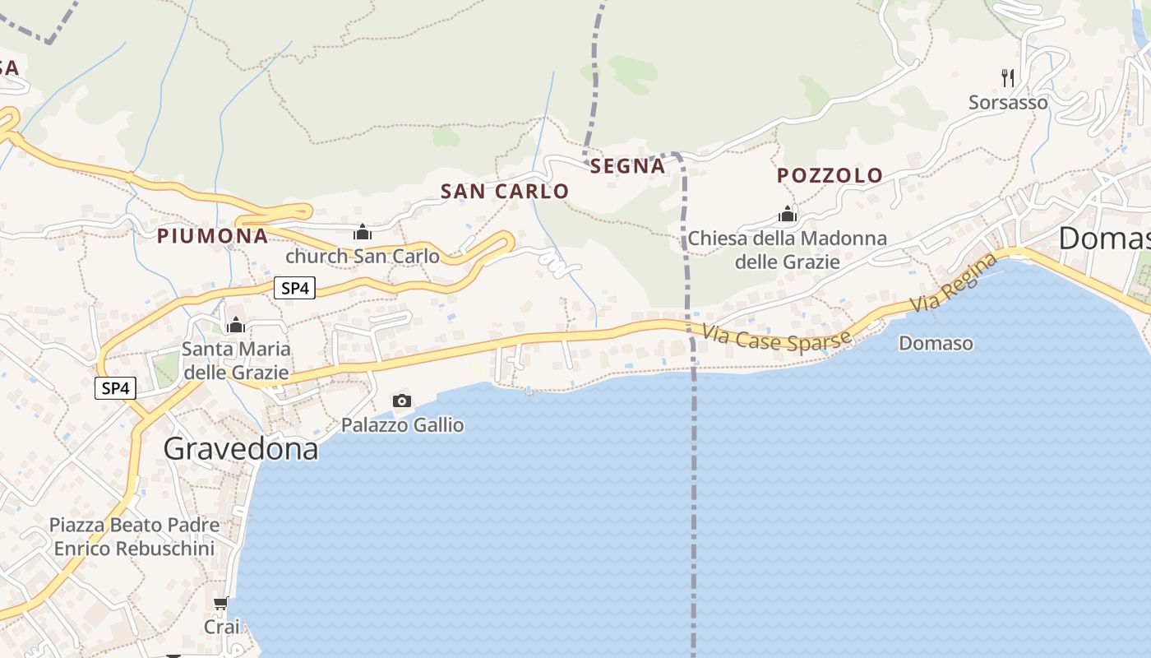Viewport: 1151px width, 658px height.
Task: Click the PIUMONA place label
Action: [x=212, y=236]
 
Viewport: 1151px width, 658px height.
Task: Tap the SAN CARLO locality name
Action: [x=505, y=192]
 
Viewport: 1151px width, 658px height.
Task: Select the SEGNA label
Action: [x=627, y=166]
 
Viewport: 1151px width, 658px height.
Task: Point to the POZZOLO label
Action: [x=830, y=175]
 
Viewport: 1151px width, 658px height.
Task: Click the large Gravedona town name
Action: [x=240, y=448]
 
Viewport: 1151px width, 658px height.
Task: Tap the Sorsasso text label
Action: [x=1008, y=103]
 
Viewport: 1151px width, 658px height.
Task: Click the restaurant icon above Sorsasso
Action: [x=1008, y=78]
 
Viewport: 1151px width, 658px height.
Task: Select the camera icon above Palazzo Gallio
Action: [x=402, y=401]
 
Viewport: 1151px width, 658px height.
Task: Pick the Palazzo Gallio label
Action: [x=402, y=425]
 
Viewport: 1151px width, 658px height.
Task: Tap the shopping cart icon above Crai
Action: [x=220, y=605]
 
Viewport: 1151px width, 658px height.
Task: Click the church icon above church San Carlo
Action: [x=363, y=233]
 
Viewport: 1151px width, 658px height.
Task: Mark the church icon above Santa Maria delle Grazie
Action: [x=236, y=325]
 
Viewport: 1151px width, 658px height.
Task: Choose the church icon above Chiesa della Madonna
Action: [x=788, y=215]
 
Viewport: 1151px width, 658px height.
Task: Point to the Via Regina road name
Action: [x=954, y=284]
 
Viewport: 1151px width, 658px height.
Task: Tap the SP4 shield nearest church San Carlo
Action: [x=294, y=288]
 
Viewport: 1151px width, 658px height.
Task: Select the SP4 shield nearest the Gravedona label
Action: [x=115, y=388]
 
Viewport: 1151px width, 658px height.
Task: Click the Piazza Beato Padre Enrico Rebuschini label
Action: [x=134, y=536]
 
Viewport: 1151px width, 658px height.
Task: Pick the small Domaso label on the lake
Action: [x=936, y=343]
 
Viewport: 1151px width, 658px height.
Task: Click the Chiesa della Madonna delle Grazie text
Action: [x=788, y=250]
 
